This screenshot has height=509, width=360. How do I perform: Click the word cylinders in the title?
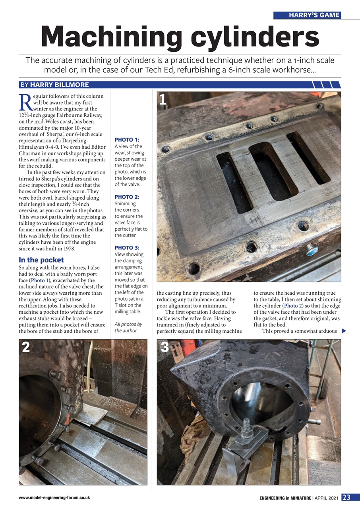tap(254, 37)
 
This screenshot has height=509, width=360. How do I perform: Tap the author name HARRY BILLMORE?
tap(59, 85)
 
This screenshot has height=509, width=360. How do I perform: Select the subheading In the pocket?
tap(41, 260)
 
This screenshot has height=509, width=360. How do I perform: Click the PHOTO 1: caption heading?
tap(127, 140)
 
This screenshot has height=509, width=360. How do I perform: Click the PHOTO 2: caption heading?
tap(127, 197)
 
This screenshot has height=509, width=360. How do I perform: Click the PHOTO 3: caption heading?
tap(127, 248)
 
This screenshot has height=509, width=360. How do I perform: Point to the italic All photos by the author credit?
tap(128, 327)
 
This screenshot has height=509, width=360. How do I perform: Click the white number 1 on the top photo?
tap(163, 99)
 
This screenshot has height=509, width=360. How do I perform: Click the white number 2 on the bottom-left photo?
tap(26, 347)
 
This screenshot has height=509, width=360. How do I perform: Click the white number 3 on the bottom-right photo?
tap(165, 347)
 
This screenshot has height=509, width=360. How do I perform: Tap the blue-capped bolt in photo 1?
tap(311, 251)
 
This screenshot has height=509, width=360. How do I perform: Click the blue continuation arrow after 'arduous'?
tap(344, 331)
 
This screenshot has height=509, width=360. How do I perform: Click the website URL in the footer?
tap(54, 498)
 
